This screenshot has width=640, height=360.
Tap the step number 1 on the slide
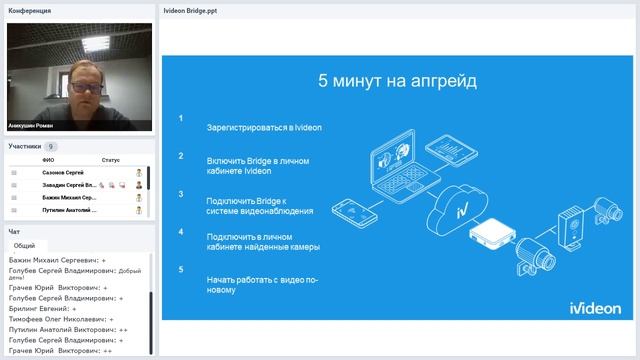point(181,119)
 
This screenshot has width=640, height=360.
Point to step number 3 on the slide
point(181,193)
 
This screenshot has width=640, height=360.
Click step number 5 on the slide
point(181,269)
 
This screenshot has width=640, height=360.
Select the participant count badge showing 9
point(51,146)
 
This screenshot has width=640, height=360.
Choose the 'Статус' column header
point(110,160)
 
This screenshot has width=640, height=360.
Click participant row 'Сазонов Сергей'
point(63,173)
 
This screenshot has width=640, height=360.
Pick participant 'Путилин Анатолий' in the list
point(68,210)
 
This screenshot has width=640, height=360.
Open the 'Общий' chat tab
point(25,245)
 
